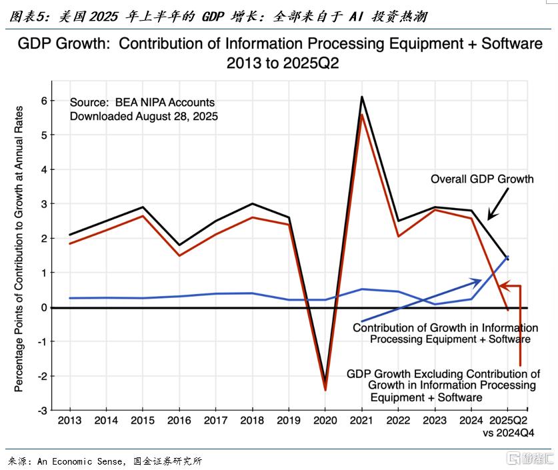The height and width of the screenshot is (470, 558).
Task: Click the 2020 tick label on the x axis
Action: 325,421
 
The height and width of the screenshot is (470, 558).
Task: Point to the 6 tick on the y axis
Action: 44,101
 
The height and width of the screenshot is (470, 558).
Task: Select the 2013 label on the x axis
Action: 69,421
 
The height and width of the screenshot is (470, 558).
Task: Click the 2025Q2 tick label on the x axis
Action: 508,421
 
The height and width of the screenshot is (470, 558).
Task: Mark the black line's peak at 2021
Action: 361,97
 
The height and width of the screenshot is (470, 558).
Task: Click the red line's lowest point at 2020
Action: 325,390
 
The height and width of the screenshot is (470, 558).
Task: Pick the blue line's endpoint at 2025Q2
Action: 508,257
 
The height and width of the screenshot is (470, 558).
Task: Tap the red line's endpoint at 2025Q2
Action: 508,310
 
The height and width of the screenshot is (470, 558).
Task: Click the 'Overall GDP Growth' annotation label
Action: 482,179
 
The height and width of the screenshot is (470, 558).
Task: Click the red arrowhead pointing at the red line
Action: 503,286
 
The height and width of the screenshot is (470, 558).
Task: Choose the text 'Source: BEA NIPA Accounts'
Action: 142,103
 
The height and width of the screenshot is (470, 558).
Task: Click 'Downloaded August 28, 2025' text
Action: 144,115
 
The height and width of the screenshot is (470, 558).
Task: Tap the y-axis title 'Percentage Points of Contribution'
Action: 19,248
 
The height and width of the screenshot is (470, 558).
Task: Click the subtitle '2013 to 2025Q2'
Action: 279,64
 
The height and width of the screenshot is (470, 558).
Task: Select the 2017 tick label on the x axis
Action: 215,421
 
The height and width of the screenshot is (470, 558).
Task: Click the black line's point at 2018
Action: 252,204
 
